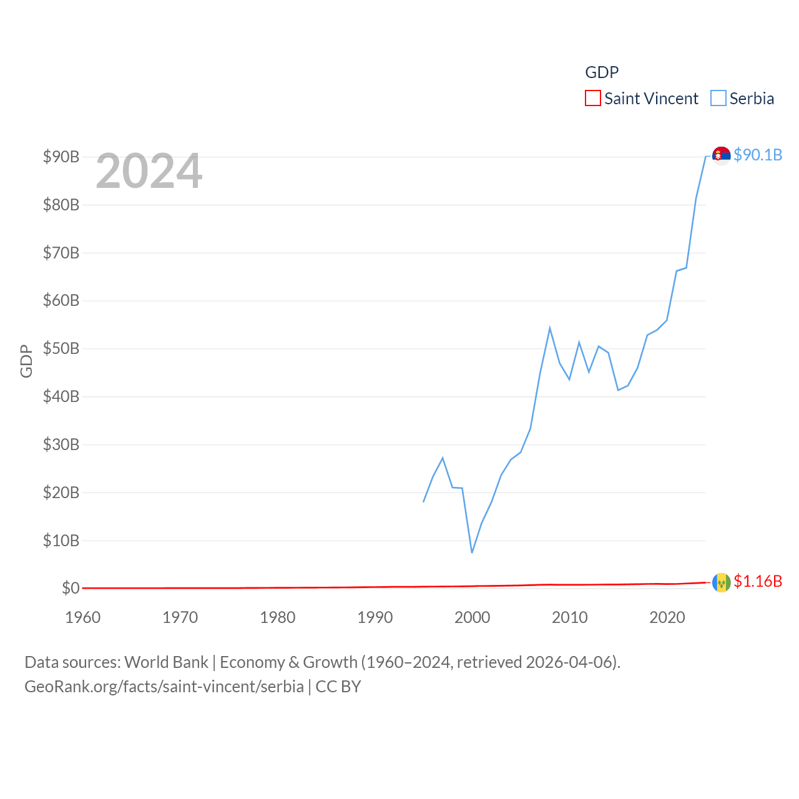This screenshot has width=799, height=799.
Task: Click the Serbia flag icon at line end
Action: (x=721, y=155)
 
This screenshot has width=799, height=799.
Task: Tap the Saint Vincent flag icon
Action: (x=721, y=582)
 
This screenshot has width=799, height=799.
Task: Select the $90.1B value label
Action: (x=758, y=155)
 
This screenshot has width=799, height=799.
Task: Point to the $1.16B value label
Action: (x=758, y=581)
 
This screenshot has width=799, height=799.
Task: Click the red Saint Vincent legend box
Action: (x=592, y=99)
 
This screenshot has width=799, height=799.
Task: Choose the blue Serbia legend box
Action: (x=718, y=99)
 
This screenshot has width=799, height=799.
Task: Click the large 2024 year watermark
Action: (x=149, y=171)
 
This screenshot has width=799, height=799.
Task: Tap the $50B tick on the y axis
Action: (x=61, y=348)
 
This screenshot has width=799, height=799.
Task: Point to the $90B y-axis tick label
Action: (x=61, y=157)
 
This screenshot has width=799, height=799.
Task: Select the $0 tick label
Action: (x=71, y=588)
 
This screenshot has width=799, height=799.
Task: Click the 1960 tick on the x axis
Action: (x=83, y=617)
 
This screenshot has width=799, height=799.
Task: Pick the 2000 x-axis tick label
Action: (x=473, y=617)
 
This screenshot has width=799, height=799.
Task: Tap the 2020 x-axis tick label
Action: (x=667, y=617)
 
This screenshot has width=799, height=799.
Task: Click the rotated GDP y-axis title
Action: (x=26, y=361)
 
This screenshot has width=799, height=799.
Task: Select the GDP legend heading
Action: (x=602, y=72)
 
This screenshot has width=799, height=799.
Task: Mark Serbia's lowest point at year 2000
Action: (x=472, y=552)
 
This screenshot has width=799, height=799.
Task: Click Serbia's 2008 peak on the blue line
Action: (x=550, y=328)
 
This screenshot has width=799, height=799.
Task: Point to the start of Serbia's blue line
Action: (x=424, y=501)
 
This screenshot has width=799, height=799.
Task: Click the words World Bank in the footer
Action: (x=166, y=662)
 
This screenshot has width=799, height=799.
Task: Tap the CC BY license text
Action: (x=338, y=687)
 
